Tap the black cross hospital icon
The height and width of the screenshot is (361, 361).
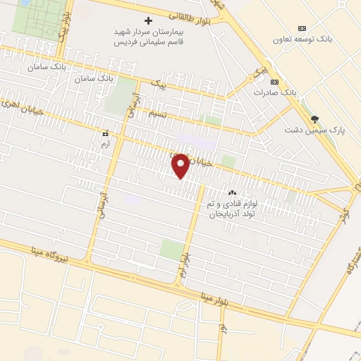(148, 20)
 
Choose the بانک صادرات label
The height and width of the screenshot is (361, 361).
(273, 92)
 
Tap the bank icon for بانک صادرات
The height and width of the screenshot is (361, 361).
(274, 82)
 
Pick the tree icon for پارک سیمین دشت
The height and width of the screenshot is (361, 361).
(314, 118)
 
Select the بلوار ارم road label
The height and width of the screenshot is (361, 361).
(185, 262)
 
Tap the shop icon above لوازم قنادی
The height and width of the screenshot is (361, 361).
(231, 192)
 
